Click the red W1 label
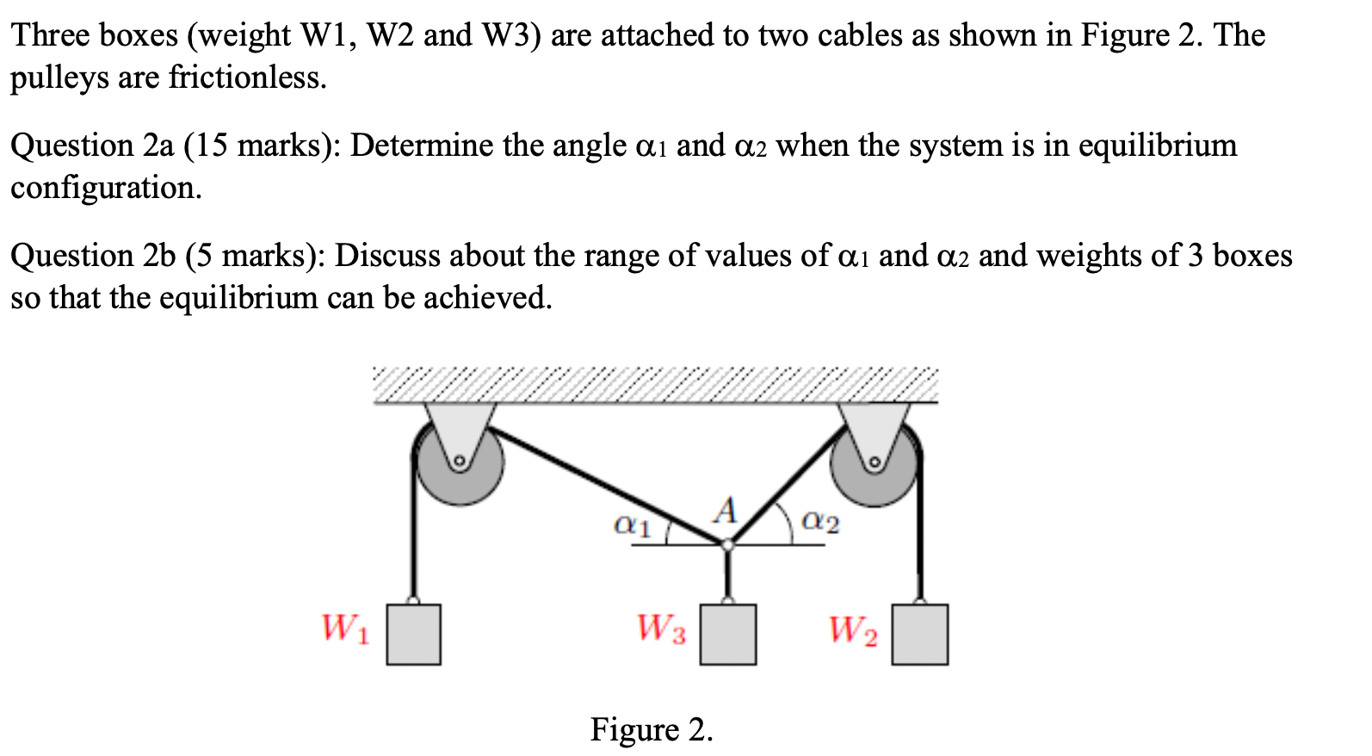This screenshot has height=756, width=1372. (345, 628)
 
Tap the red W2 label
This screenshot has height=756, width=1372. (853, 630)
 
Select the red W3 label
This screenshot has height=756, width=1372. (661, 629)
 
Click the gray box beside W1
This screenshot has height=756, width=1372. (413, 635)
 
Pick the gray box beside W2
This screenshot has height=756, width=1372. (919, 635)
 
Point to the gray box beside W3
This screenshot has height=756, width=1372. (728, 635)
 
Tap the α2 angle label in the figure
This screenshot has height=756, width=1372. (820, 521)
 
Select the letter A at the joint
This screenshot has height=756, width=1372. (726, 511)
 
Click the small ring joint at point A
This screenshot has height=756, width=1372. (727, 544)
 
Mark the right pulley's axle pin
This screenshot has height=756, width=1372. (874, 463)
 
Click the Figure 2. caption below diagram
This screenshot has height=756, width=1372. (652, 729)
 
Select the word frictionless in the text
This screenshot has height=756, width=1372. (247, 77)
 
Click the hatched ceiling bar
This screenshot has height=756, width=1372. (655, 385)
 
